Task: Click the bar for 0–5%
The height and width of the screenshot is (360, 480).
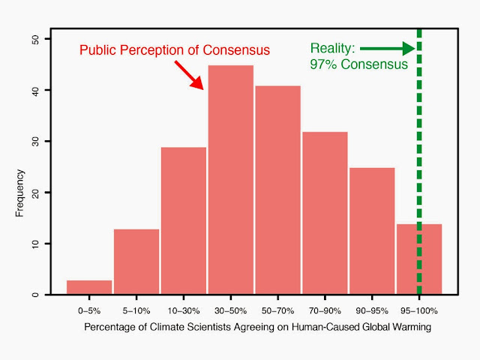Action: [x=89, y=286]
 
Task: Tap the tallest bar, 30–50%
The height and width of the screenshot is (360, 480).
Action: [x=231, y=180]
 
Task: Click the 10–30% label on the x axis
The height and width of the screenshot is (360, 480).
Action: [x=184, y=310]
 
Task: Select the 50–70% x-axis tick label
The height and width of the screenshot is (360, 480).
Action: [x=278, y=310]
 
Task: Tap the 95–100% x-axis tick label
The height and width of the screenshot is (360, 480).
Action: [x=418, y=310]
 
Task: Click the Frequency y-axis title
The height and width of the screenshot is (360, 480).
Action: [x=20, y=193]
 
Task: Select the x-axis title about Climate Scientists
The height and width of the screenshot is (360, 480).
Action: [x=258, y=328]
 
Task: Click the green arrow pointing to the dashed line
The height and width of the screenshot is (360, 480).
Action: [x=398, y=49]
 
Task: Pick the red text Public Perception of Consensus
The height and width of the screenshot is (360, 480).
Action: [x=175, y=50]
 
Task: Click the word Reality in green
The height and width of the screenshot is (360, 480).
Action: [x=333, y=49]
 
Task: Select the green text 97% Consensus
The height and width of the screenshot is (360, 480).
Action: [x=358, y=64]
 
